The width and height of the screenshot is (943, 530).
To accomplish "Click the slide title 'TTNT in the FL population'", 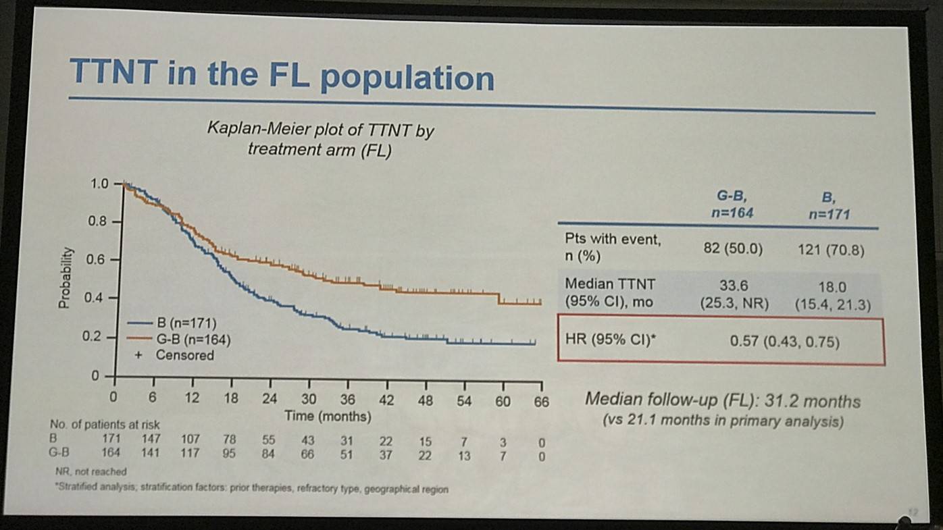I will pos(282,75).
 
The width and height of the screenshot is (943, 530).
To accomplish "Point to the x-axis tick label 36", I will pos(347,400).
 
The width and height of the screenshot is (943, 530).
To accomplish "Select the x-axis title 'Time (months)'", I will pos(328,417).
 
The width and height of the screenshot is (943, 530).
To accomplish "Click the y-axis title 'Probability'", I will pos(65,278).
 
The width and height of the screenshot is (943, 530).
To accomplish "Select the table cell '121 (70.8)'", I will pos(830,250).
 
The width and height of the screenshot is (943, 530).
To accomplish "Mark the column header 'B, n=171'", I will pos(829,207).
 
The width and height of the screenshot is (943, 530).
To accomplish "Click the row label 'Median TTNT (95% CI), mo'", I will pos(610,292).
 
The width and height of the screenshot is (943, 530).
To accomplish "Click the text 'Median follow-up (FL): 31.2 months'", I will pos(722,401).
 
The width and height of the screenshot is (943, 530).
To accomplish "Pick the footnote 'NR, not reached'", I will pos(91,472).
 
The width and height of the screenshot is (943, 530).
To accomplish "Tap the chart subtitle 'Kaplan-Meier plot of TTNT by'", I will pos(320,130).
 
